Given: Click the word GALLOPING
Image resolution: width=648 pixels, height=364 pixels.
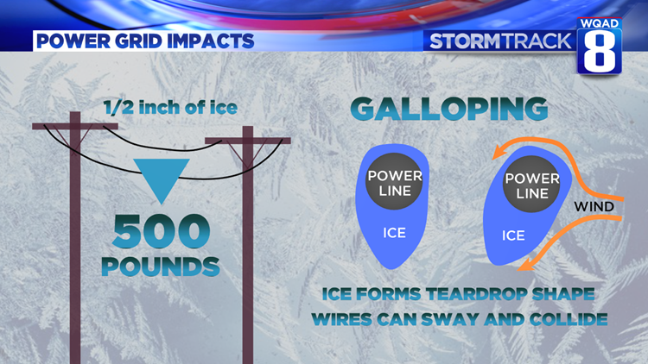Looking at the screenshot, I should pos(449,110).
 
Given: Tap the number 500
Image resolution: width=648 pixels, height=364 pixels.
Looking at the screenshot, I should pos(162,231).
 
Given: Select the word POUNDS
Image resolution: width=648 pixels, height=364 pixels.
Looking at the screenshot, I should pos(161,266).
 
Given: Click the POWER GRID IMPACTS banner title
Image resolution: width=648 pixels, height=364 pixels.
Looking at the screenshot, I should pos(144,41).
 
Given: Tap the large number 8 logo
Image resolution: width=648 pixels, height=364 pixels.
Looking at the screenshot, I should pos(600,54).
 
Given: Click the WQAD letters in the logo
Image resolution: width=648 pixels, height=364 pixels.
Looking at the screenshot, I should pos(600,21).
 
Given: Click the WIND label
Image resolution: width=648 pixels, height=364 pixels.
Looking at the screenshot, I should pos(594,207).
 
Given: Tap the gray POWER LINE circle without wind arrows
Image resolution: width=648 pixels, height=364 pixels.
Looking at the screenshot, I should pos(395,184).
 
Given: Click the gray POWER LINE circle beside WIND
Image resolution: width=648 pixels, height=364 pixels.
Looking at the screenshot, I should pos(532,185).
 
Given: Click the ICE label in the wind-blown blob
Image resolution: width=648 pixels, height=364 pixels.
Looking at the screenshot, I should pos(513,235).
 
